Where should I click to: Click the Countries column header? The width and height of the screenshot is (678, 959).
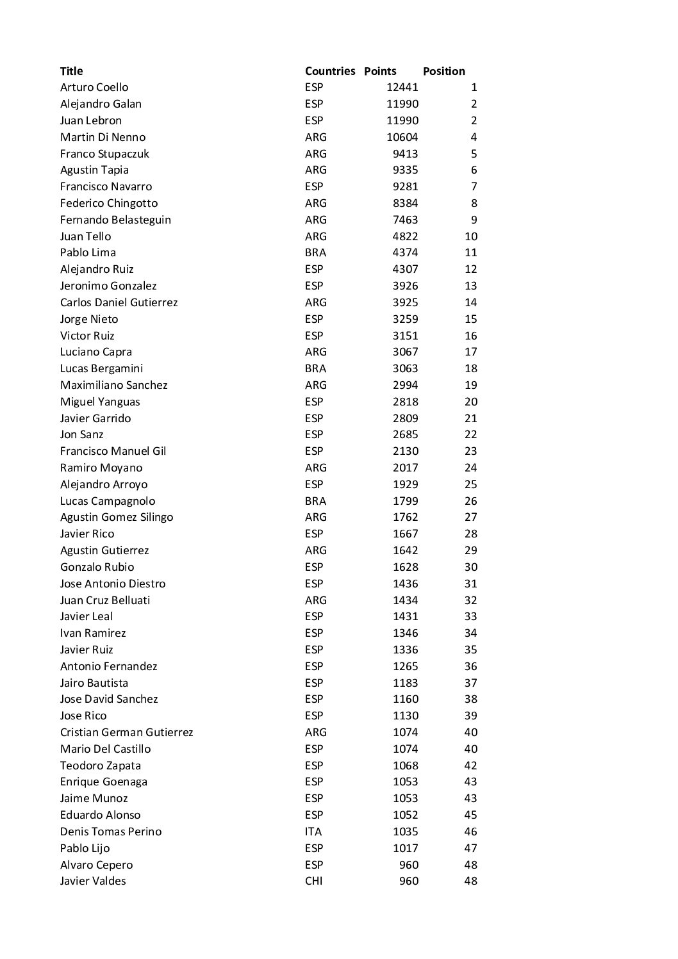[329, 71]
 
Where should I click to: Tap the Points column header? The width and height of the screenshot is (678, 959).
[380, 71]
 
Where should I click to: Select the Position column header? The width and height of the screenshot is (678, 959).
[443, 71]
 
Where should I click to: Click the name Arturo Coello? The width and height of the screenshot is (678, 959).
[94, 87]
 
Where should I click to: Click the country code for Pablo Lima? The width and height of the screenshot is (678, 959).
[315, 252]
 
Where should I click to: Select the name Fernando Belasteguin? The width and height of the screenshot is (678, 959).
[115, 220]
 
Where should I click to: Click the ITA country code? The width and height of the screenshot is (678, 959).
[313, 832]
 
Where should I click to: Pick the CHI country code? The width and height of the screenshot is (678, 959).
[314, 881]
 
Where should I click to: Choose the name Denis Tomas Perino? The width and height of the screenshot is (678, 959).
[111, 832]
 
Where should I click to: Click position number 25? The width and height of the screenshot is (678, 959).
[470, 484]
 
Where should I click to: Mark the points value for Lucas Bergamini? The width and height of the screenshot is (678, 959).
[405, 368]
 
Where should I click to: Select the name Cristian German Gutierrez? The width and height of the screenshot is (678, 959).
[126, 732]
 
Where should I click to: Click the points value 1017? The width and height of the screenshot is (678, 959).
[405, 848]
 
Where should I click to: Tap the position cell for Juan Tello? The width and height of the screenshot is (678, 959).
[470, 236]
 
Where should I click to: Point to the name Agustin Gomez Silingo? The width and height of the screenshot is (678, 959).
[117, 517]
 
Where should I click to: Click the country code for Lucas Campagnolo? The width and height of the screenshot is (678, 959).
[315, 501]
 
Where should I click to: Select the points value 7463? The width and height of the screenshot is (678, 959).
[405, 220]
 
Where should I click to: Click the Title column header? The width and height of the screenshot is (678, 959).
[71, 71]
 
